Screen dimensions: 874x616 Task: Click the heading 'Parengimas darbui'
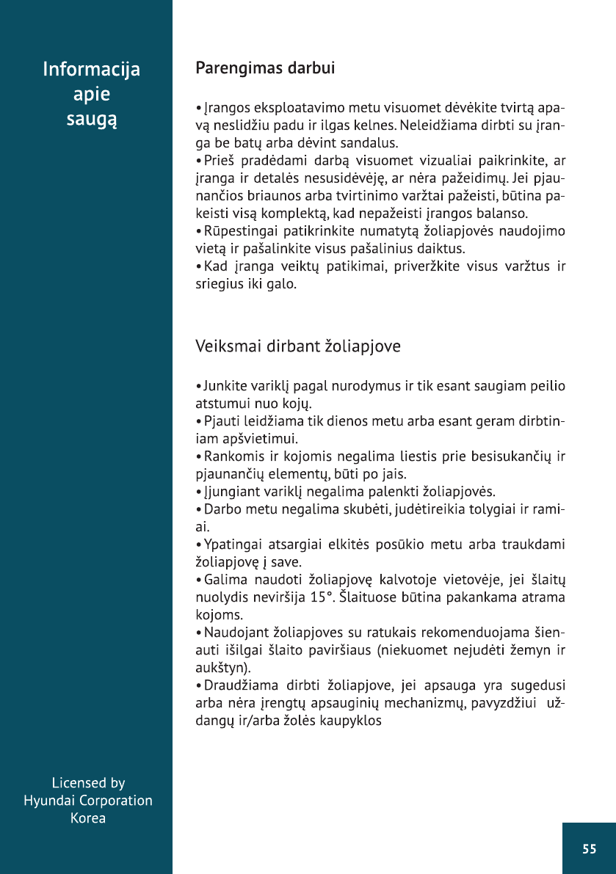pyautogui.click(x=265, y=69)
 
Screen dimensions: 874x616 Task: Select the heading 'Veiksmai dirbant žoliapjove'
pyautogui.click(x=298, y=346)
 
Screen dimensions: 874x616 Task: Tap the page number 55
pyautogui.click(x=589, y=849)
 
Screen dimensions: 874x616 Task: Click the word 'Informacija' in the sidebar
pyautogui.click(x=92, y=70)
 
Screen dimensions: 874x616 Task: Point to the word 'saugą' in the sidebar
pyautogui.click(x=92, y=118)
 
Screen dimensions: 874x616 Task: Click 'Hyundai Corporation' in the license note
pyautogui.click(x=88, y=801)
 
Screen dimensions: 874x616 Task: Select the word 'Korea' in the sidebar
pyautogui.click(x=88, y=818)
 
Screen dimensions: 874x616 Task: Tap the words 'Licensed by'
pyautogui.click(x=88, y=783)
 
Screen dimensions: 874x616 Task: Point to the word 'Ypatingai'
pyautogui.click(x=231, y=545)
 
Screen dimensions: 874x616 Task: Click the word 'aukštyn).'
pyautogui.click(x=221, y=669)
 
